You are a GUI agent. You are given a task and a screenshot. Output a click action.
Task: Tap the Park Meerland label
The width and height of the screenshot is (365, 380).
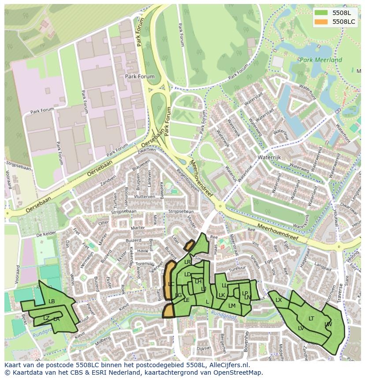(x=320, y=60)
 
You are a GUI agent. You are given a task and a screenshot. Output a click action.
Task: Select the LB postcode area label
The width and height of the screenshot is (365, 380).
(x=52, y=301)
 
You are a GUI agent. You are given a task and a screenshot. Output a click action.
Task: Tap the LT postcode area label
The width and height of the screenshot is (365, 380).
(x=311, y=318)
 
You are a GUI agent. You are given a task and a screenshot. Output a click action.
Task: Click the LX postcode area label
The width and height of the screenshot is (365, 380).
(x=279, y=300)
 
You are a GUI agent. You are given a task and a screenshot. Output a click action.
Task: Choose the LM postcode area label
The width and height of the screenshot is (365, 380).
(x=232, y=305)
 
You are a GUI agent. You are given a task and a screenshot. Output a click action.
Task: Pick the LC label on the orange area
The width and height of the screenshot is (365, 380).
(x=171, y=284)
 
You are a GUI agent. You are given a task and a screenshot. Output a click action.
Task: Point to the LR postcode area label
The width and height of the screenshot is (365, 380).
(x=187, y=262)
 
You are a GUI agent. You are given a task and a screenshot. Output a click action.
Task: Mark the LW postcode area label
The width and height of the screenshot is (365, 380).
(x=328, y=324)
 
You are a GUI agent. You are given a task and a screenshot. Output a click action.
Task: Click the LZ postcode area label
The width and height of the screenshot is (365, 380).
(x=46, y=318)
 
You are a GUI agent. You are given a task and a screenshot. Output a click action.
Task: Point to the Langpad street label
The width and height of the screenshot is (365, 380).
(x=323, y=267)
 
